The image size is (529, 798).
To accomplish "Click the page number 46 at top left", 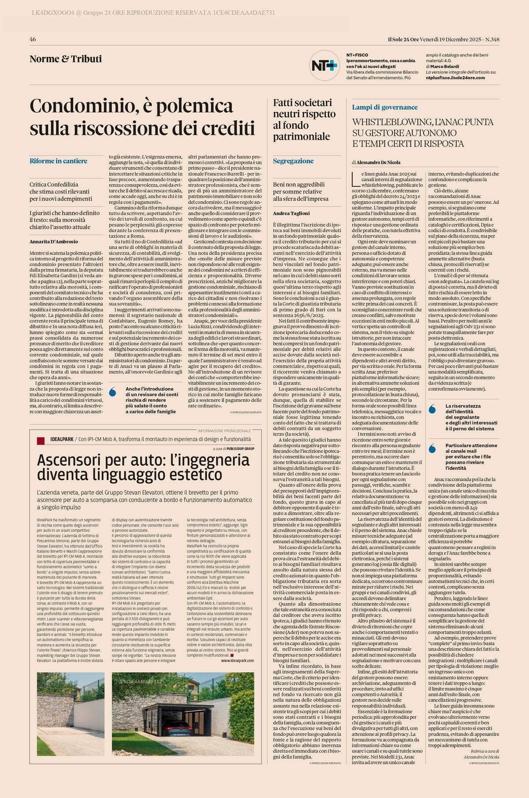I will tap(33, 40).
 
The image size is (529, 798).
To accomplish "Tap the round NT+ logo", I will tap(324, 65).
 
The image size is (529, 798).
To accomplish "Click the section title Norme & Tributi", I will tap(66, 59).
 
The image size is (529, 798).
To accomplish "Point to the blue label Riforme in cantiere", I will tap(58, 161).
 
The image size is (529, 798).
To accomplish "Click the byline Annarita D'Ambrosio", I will tap(54, 241).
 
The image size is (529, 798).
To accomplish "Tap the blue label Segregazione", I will tap(293, 161).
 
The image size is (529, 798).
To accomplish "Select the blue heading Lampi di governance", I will tap(384, 107).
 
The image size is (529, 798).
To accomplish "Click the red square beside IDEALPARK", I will tap(41, 440).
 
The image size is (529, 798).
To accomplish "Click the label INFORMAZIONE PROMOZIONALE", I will tap(224, 431).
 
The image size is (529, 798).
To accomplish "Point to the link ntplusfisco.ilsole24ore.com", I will tap(455, 78).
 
